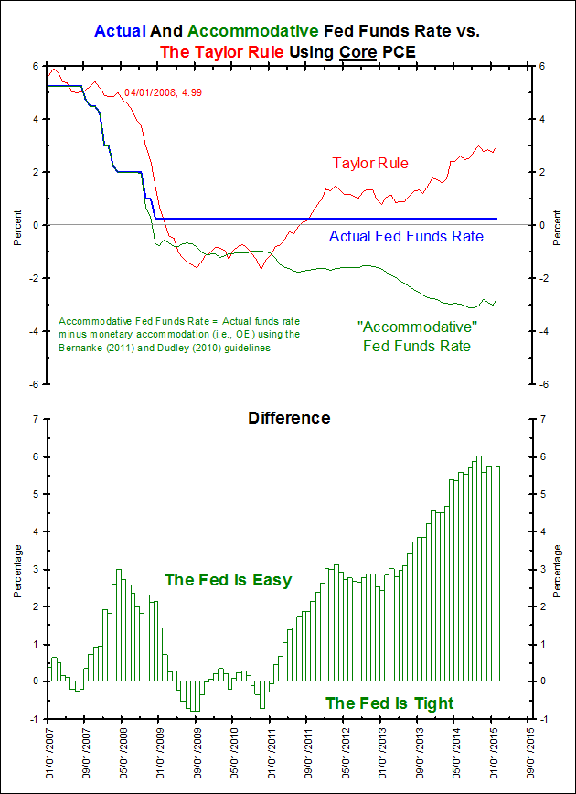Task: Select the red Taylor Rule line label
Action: pos(369,164)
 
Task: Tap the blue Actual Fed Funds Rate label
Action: pos(405,237)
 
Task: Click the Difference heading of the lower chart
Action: pos(289,419)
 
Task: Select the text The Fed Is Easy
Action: pos(228,580)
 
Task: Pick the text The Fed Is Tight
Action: pos(389,703)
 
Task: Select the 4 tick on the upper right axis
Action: pos(543,119)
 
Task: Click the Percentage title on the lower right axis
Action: pos(558,569)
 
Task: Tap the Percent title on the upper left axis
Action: pos(16,226)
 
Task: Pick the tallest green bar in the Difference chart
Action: pos(479,568)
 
